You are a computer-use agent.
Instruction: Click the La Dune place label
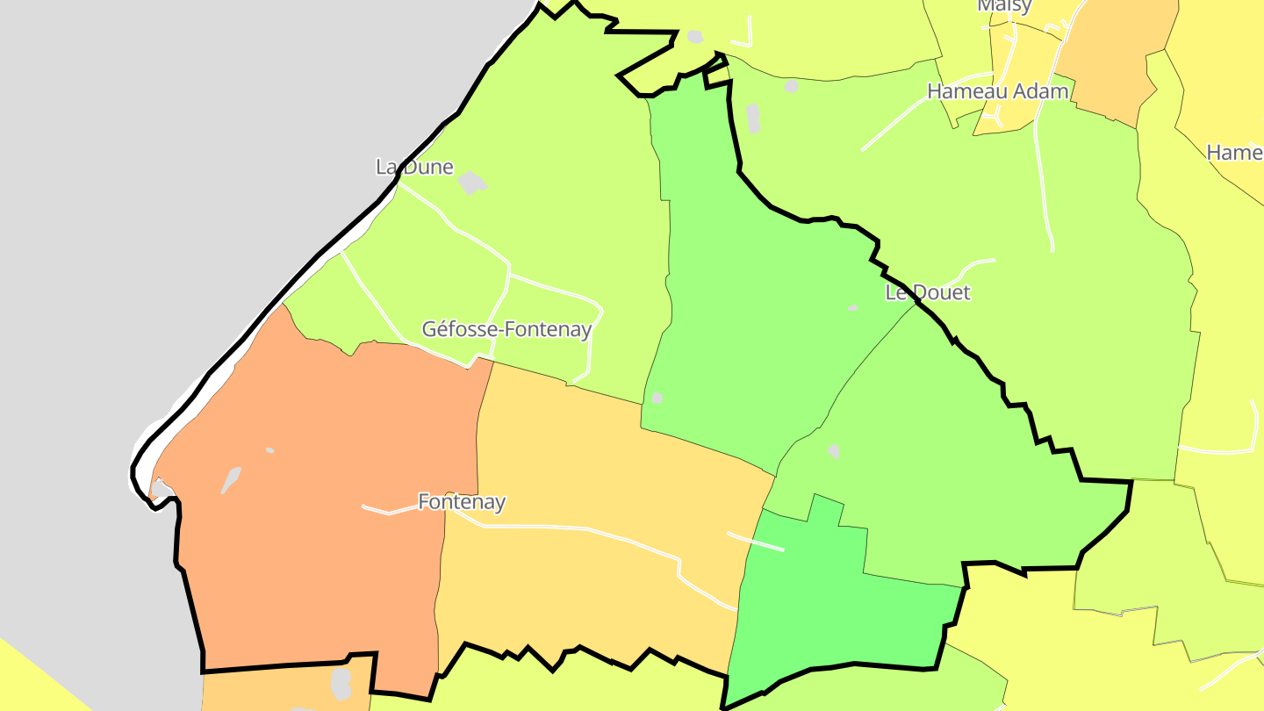(414, 167)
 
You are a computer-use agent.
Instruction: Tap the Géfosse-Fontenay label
(506, 329)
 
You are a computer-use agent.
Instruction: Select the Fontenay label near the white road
(462, 502)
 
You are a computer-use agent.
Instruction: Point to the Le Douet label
(928, 292)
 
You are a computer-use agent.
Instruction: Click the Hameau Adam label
(998, 91)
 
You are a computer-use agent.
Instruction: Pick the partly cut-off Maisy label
(1004, 6)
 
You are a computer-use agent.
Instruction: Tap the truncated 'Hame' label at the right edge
(1234, 153)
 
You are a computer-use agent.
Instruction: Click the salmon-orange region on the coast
(325, 492)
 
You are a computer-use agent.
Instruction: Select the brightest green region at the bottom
(834, 606)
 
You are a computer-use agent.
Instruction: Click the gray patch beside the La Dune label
(472, 183)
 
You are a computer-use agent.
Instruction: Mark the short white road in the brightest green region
(755, 542)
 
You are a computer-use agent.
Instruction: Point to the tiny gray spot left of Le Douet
(852, 308)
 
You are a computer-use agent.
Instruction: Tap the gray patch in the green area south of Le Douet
(833, 451)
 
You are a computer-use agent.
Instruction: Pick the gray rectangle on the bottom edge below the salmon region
(341, 684)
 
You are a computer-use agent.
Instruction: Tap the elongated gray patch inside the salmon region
(231, 480)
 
